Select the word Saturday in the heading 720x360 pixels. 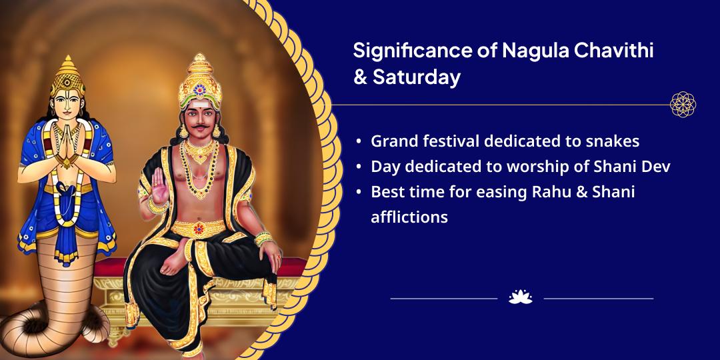[417, 78]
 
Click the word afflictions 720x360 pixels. [409, 216]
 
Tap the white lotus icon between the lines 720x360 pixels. [520, 297]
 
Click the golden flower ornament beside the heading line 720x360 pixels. [683, 105]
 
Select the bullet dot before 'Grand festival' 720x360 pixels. [359, 142]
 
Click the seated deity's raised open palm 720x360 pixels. [160, 185]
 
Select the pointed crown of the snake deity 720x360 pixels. [67, 76]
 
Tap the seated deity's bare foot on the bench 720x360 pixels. [176, 262]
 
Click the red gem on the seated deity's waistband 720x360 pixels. [199, 229]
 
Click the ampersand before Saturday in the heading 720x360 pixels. [360, 77]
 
